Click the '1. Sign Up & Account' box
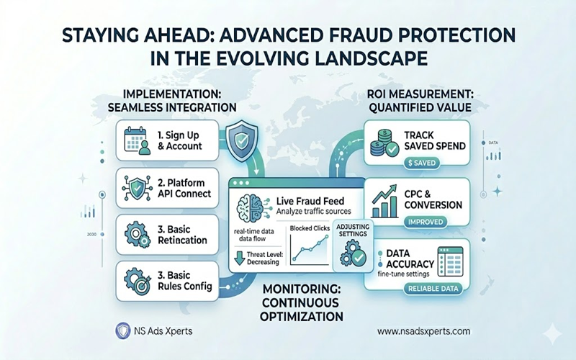(166, 139)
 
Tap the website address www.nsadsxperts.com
(423, 330)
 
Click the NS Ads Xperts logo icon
(122, 330)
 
